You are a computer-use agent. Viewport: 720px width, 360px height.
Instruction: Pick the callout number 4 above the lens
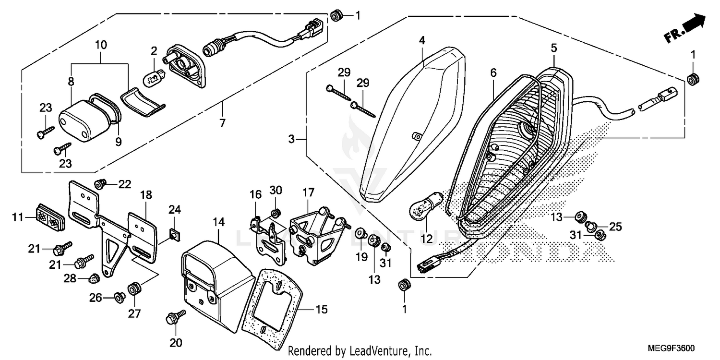(x=421, y=40)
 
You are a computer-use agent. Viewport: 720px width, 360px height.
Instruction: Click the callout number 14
(x=218, y=222)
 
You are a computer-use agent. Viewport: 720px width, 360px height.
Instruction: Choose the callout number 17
(x=308, y=192)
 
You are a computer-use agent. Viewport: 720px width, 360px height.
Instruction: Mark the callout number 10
(x=101, y=46)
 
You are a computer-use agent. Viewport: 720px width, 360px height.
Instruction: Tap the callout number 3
(x=291, y=140)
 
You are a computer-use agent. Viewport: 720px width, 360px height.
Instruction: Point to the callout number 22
(x=124, y=184)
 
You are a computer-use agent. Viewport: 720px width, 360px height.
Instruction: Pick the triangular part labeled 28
(x=95, y=277)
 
